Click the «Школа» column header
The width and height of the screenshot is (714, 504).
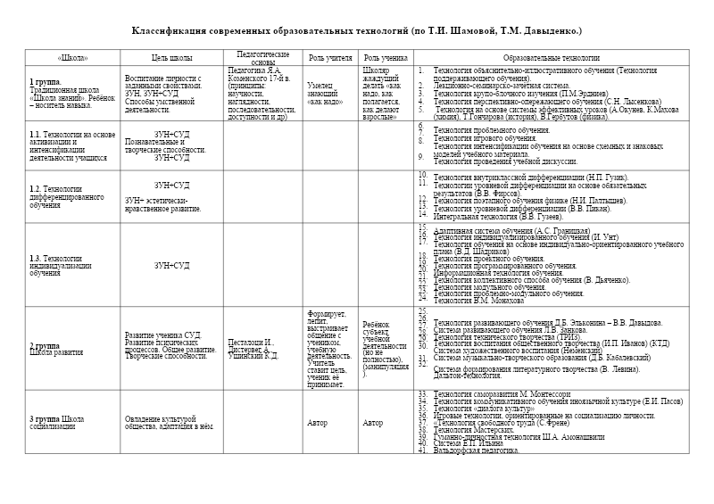(x=72, y=57)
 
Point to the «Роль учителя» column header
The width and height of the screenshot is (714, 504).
(x=330, y=57)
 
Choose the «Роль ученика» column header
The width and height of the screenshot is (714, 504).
(x=386, y=57)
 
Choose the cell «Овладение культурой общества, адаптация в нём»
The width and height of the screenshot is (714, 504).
(x=170, y=423)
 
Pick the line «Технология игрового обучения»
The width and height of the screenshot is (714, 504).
(x=481, y=138)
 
